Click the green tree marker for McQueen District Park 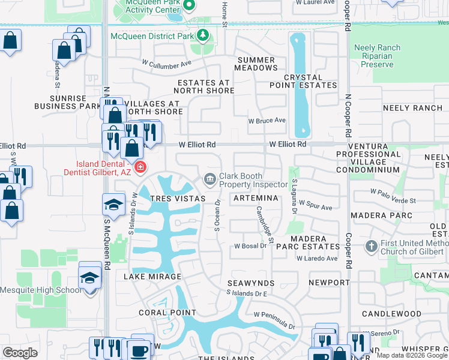tap(203, 36)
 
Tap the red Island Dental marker tap(140, 166)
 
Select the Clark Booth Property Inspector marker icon tap(209, 178)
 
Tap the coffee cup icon tap(140, 350)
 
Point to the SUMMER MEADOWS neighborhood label tap(257, 64)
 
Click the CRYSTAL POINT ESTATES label tap(310, 82)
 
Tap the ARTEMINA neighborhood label tap(256, 198)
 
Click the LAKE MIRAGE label tap(152, 277)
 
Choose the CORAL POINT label tap(167, 313)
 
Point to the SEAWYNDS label tap(251, 283)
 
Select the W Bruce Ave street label tap(267, 120)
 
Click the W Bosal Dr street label tap(250, 246)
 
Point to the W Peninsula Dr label tap(275, 320)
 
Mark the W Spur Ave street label tap(315, 206)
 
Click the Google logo tap(20, 353)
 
